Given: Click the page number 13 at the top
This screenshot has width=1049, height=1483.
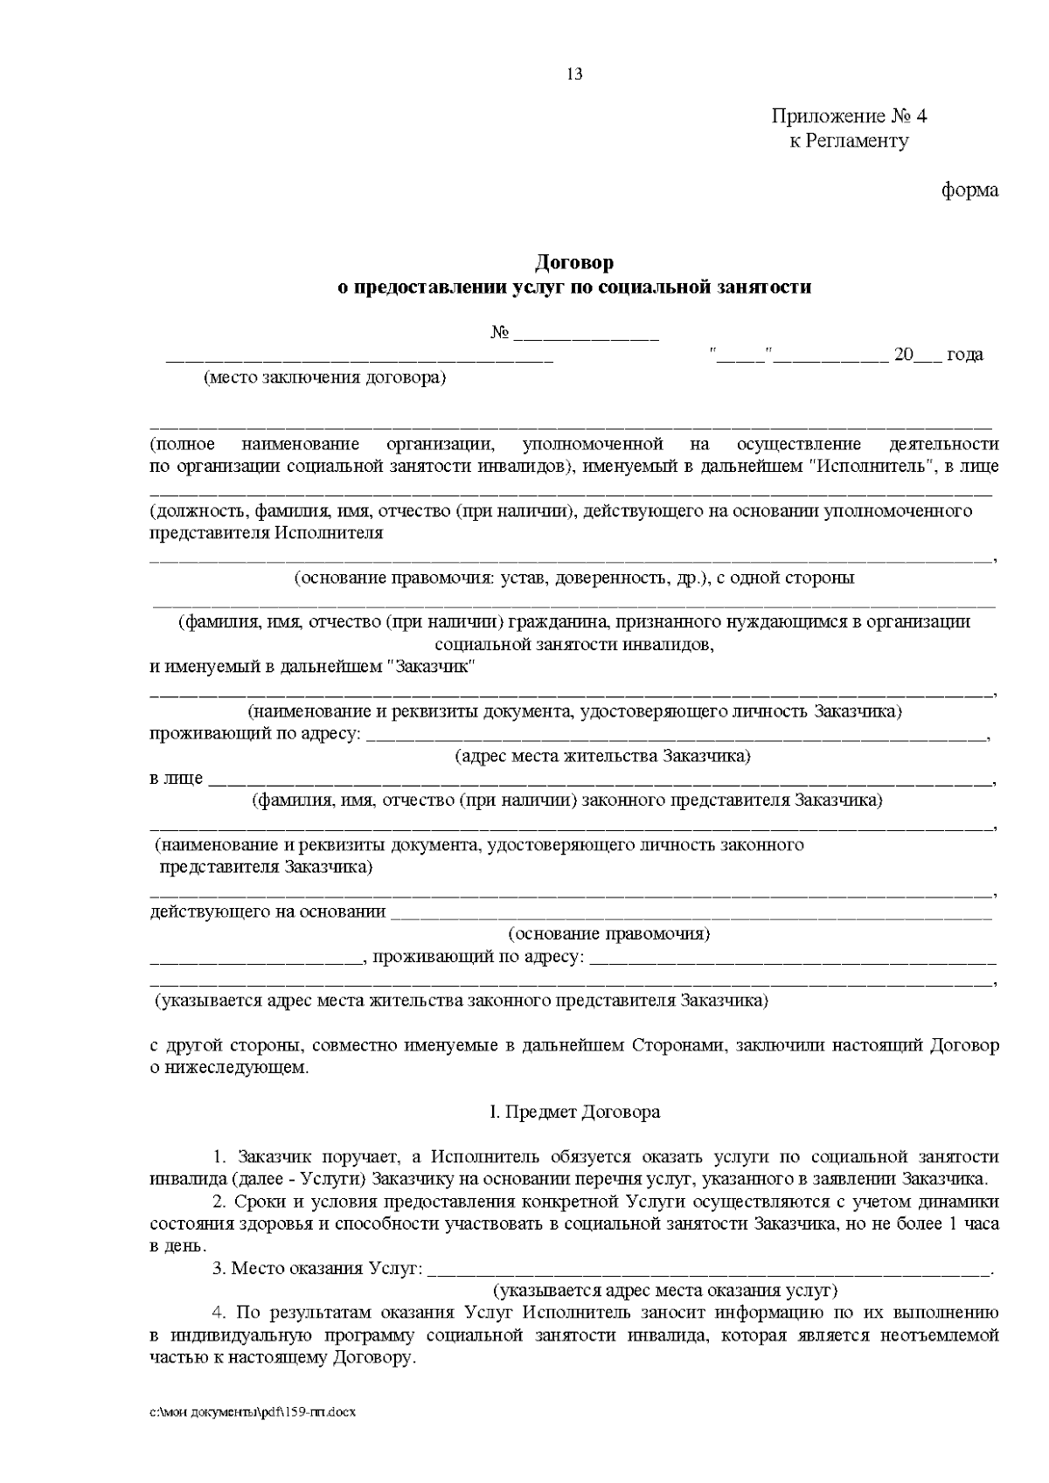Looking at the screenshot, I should click(x=574, y=74).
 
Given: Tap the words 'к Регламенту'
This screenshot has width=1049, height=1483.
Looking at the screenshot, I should click(x=849, y=141).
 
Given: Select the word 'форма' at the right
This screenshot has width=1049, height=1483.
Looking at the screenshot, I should click(x=969, y=190).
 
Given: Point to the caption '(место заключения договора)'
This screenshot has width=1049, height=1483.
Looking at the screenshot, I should click(x=324, y=378).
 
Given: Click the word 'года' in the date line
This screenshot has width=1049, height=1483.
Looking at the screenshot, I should click(x=965, y=355).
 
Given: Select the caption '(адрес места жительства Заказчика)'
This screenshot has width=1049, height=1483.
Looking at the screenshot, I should click(x=601, y=756).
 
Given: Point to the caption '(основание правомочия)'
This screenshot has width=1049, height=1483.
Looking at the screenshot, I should click(x=608, y=934).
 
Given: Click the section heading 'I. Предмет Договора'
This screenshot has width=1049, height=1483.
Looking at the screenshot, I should click(x=574, y=1112).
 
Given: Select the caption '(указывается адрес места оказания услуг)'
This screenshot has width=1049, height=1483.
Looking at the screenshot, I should click(x=665, y=1291).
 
